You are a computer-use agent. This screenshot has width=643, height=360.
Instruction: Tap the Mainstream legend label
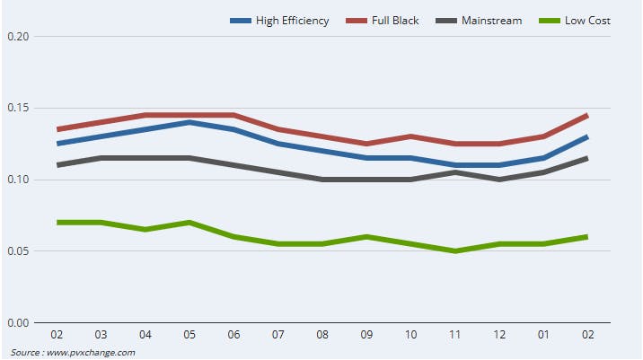492,21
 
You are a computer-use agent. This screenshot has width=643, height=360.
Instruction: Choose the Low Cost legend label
588,21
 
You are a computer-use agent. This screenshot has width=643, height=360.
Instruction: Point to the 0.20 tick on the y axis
18,37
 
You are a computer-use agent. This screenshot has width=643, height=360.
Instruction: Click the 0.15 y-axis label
18,109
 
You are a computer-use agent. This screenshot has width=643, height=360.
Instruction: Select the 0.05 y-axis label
18,251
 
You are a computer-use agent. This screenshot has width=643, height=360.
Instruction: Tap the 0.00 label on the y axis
18,322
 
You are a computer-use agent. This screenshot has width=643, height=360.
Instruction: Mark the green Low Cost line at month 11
454,251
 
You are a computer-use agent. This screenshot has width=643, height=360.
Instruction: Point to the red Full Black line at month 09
366,144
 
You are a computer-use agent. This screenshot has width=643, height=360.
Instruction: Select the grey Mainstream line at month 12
498,180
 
